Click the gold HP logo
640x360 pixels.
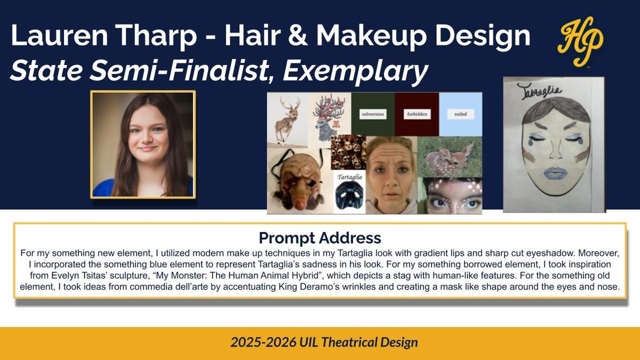coord(581,42)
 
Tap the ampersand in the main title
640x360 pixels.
coord(298,35)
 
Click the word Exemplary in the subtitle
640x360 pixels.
coord(355,71)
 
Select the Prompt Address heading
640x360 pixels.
coord(319,238)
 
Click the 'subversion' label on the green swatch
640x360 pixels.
coord(373,114)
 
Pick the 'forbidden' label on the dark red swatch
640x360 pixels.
coord(417,114)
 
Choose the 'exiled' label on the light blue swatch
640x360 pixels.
coord(461,114)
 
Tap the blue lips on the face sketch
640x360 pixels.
coord(555,173)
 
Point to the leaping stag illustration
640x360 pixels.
coord(287,120)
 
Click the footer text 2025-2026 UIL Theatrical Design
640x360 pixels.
coord(324,342)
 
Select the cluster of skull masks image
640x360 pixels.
coord(348,152)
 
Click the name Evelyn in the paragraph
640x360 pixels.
coord(65,275)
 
